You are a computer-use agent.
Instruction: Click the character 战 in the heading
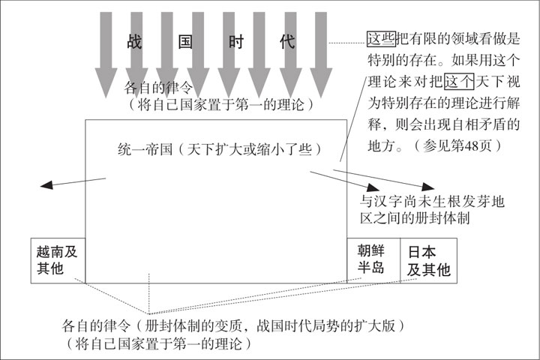[x=135, y=42]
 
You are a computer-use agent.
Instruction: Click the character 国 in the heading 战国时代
[x=185, y=42]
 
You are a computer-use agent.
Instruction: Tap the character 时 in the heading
[x=236, y=42]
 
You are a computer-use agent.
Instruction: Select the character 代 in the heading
[x=287, y=42]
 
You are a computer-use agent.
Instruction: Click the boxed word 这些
[x=381, y=38]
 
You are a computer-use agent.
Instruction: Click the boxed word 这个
[x=459, y=82]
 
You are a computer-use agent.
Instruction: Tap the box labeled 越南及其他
[x=58, y=260]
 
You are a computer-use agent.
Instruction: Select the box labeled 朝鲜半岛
[x=373, y=260]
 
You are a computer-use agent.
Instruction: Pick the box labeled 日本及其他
[x=429, y=260]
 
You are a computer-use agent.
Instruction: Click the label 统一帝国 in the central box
[x=145, y=149]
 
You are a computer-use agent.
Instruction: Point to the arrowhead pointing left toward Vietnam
[x=46, y=185]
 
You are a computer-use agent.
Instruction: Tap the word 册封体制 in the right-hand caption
[x=442, y=217]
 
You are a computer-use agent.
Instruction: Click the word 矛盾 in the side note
[x=491, y=124]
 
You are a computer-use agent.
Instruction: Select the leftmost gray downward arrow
[x=106, y=55]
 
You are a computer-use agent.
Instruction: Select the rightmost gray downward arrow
[x=321, y=55]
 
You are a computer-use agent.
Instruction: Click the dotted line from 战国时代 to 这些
[x=348, y=43]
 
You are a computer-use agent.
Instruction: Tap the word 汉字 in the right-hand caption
[x=388, y=201]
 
